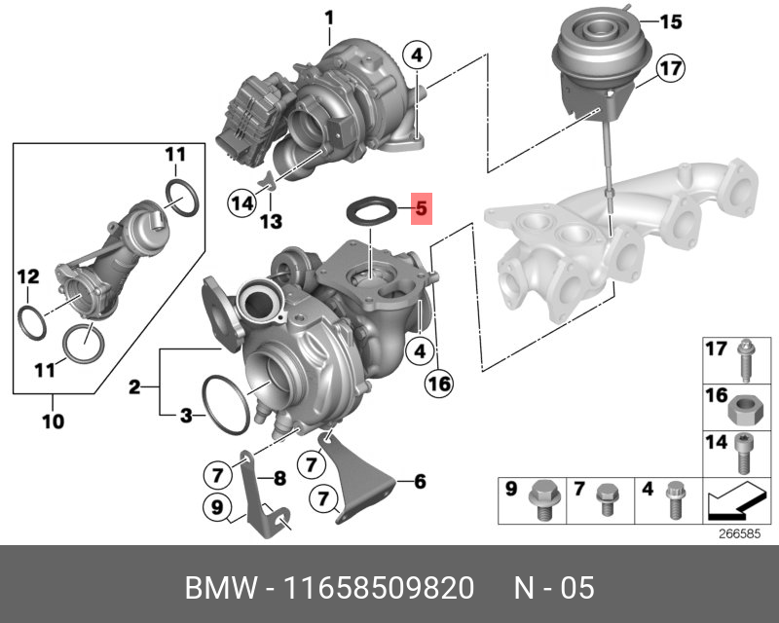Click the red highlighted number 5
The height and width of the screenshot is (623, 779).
pos(422,208)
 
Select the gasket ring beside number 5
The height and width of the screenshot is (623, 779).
pos(372,201)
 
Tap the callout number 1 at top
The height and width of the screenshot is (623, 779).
pos(329,18)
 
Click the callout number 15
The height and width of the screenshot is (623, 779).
pos(671,21)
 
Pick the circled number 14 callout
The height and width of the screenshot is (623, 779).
pos(242,203)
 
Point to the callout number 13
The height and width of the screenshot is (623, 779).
pos(272,222)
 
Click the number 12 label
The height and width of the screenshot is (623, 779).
pos(28,276)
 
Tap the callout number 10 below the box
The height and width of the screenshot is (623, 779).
pos(54,421)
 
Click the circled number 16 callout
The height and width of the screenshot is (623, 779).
pos(440,384)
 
